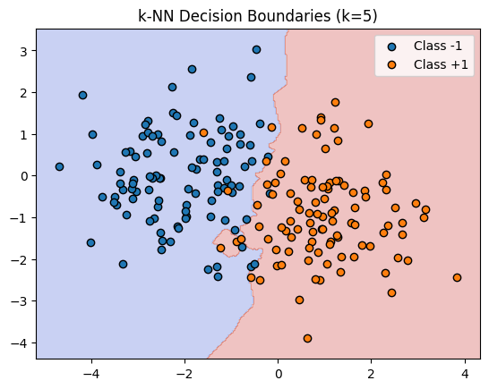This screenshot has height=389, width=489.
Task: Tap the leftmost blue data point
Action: [59, 166]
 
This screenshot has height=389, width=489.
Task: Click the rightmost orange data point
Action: [457, 277]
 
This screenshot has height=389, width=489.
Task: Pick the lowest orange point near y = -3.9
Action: [307, 338]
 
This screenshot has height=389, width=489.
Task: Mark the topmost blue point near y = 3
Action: [256, 50]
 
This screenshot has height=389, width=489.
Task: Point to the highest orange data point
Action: [335, 103]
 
